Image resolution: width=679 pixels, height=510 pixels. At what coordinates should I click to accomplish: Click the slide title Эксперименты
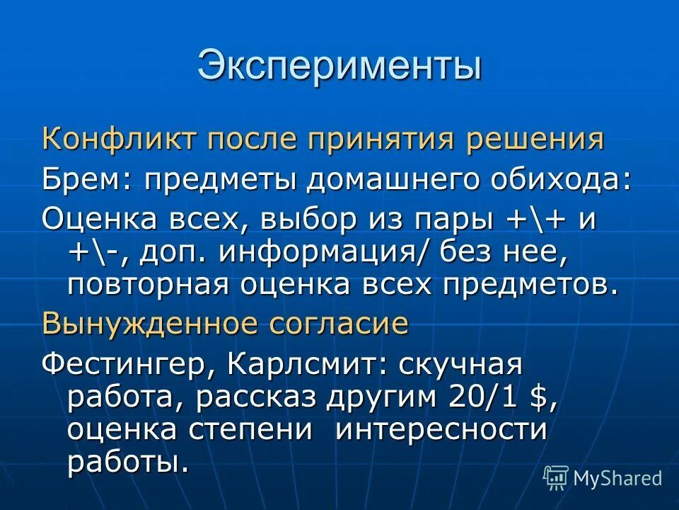pos(339,65)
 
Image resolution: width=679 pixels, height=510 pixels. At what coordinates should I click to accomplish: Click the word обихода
pos(573,178)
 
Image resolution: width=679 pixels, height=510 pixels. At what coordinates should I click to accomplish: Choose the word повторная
pos(149,285)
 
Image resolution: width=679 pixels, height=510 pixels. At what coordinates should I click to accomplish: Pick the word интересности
pos(441,430)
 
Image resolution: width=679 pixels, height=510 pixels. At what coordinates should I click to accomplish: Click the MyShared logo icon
pos(555,477)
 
